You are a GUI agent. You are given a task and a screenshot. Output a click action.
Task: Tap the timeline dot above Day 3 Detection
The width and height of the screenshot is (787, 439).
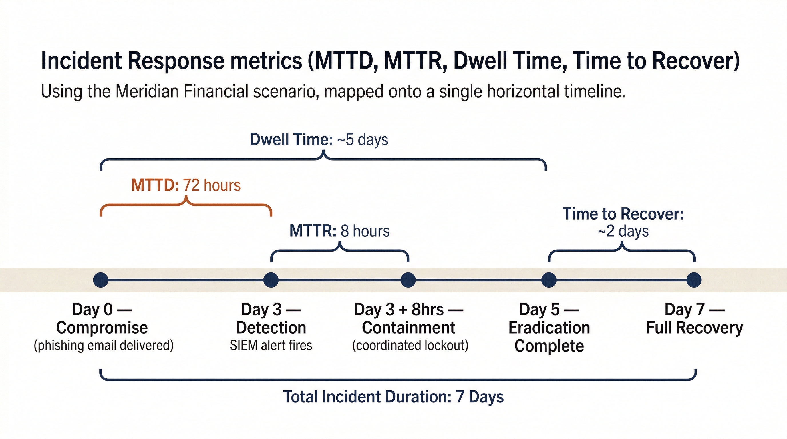[271, 280]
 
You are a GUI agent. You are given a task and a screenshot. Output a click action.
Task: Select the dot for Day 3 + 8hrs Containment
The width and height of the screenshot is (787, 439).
[408, 280]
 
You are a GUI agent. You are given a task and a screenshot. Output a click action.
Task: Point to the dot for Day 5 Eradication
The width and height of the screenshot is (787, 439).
[549, 280]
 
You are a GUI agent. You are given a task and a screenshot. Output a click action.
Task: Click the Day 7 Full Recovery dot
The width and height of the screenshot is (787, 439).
[694, 280]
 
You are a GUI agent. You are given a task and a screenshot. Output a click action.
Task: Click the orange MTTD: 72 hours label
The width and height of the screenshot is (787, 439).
[186, 185]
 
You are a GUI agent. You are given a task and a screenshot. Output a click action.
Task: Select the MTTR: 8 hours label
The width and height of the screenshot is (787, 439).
[339, 231]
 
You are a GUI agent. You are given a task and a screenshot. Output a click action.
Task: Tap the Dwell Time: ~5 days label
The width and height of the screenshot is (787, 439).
[319, 140]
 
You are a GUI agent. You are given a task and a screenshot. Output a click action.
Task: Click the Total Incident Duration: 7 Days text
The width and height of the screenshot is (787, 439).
[393, 397]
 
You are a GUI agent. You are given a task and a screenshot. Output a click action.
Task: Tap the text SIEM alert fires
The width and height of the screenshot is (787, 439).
[271, 346]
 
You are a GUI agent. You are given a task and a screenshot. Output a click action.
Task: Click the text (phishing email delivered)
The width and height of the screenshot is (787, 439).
[104, 346]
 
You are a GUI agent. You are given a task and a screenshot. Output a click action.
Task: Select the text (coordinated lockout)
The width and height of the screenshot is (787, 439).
[410, 346]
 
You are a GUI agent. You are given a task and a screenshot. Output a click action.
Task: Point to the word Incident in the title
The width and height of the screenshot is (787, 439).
[81, 61]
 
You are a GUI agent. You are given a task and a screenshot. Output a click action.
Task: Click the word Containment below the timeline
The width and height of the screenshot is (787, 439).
[408, 328]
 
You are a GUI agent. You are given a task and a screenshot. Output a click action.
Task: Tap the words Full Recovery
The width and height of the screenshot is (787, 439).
[694, 328]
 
